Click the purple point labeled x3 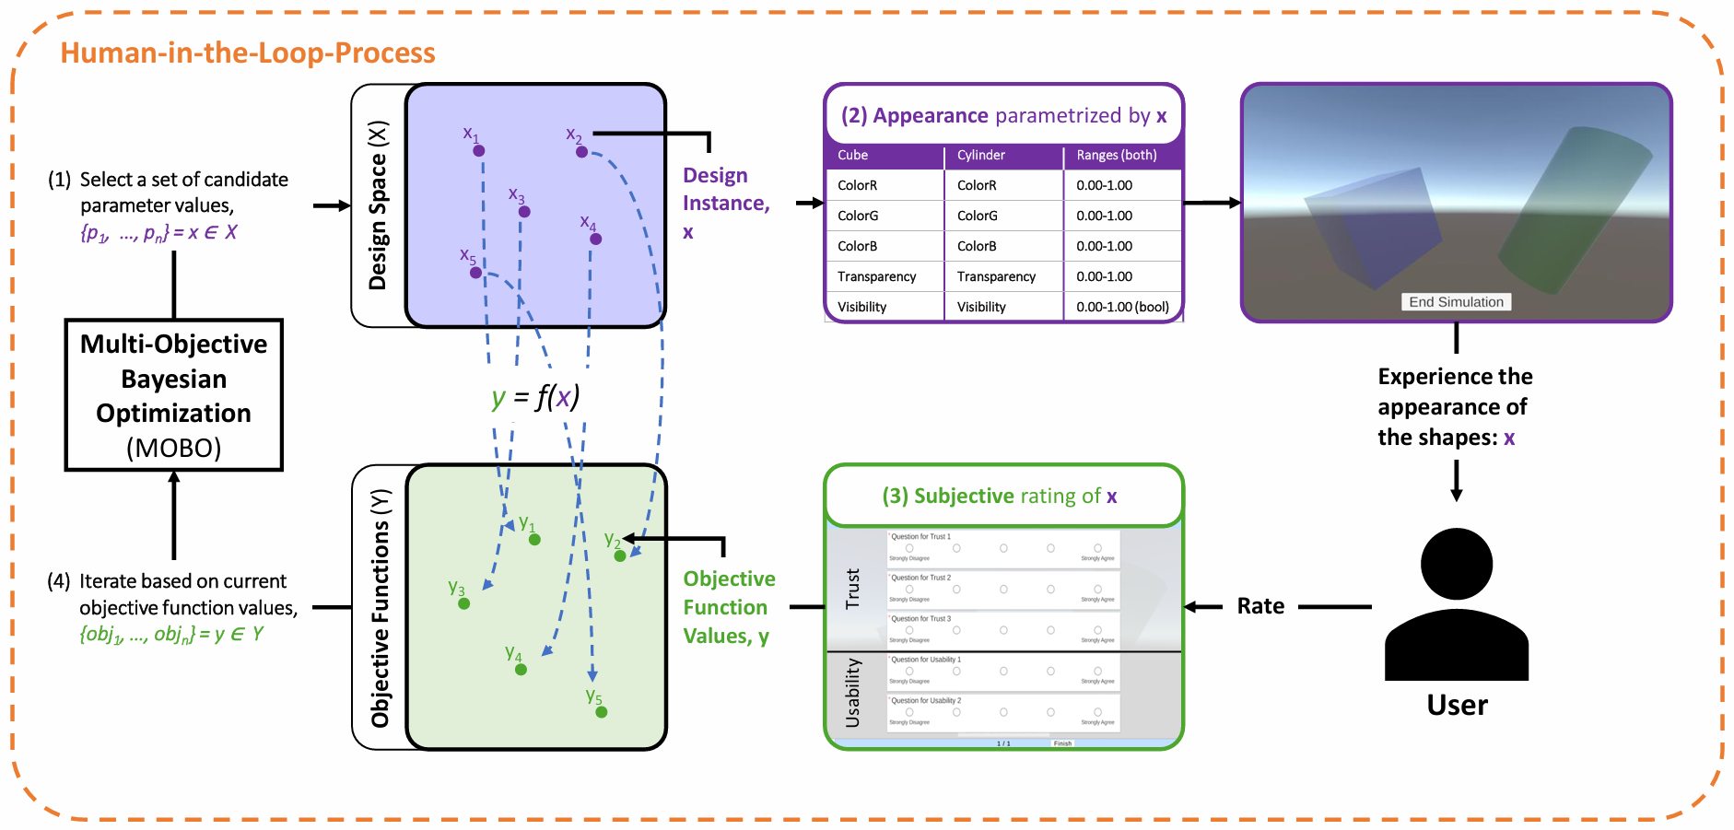pyautogui.click(x=524, y=212)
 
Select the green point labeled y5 pyautogui.click(x=601, y=712)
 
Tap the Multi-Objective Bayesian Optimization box pyautogui.click(x=173, y=395)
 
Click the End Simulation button pyautogui.click(x=1456, y=302)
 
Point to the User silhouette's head pyautogui.click(x=1456, y=563)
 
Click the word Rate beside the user pyautogui.click(x=1259, y=606)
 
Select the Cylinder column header pyautogui.click(x=980, y=155)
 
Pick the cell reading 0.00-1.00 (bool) pyautogui.click(x=1122, y=307)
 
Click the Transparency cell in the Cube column pyautogui.click(x=876, y=276)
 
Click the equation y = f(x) pyautogui.click(x=535, y=397)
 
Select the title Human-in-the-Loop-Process pyautogui.click(x=248, y=53)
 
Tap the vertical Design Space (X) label pyautogui.click(x=378, y=205)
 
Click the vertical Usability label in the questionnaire pyautogui.click(x=853, y=693)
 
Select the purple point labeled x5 pyautogui.click(x=475, y=273)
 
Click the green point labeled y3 pyautogui.click(x=463, y=604)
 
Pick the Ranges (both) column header pyautogui.click(x=1116, y=155)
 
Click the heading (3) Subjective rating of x pyautogui.click(x=999, y=496)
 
